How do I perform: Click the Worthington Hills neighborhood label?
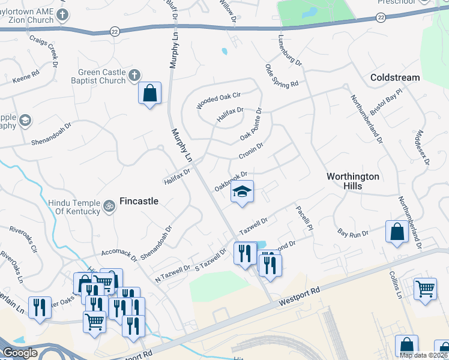click(353, 181)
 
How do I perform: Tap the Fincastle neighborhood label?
click(139, 201)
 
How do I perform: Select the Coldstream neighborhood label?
click(395, 77)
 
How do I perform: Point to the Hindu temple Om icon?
click(109, 206)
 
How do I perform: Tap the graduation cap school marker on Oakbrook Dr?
click(243, 193)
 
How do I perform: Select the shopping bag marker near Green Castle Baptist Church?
click(149, 94)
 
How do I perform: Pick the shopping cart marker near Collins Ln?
click(425, 289)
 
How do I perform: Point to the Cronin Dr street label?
click(251, 151)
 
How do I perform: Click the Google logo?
click(19, 353)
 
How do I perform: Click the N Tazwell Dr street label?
click(172, 274)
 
